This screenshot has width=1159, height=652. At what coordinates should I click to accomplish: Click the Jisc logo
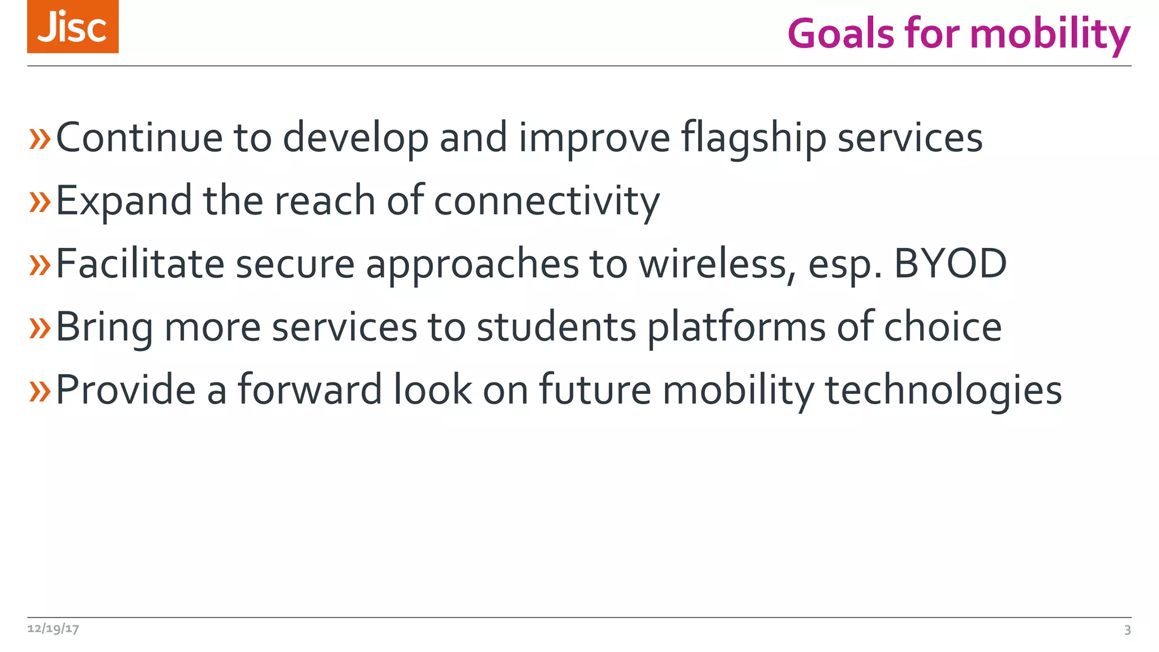click(72, 27)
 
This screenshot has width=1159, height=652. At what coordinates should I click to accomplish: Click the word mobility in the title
click(1050, 34)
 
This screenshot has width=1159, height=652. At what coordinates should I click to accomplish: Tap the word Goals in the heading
click(841, 34)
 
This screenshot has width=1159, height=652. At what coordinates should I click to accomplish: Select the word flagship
click(753, 139)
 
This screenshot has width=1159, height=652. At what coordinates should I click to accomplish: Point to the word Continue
click(139, 138)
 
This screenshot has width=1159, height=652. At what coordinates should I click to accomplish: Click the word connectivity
click(547, 201)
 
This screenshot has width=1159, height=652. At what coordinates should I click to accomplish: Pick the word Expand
click(124, 201)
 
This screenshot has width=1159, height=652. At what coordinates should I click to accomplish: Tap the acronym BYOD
click(950, 264)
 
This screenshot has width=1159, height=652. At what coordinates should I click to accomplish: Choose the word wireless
click(717, 264)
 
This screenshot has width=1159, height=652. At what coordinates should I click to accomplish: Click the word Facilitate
click(140, 264)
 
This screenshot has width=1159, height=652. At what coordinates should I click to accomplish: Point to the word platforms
click(736, 327)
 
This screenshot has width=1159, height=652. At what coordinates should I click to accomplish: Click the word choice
click(943, 327)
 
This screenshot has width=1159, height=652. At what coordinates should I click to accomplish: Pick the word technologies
click(943, 391)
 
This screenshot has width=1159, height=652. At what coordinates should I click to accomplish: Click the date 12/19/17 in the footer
click(53, 629)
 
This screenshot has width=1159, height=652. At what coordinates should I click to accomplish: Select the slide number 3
click(1127, 630)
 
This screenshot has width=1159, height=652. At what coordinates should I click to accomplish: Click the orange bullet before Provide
click(40, 391)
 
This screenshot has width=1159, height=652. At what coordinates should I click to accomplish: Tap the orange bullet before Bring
click(40, 328)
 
